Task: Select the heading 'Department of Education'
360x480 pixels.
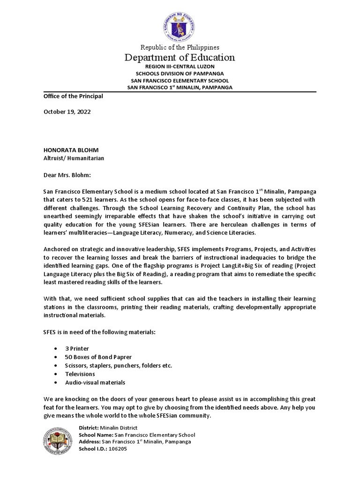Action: (x=180, y=58)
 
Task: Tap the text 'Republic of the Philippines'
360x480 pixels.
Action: (x=180, y=47)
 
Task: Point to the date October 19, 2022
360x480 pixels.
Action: (x=67, y=112)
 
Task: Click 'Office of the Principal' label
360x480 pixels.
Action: (x=73, y=96)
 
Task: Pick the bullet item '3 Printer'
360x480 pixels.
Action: (x=78, y=349)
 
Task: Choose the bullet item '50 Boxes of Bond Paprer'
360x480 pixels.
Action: (x=98, y=357)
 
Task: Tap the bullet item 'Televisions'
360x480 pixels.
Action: (x=80, y=374)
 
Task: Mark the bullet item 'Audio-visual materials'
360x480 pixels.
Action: (x=95, y=382)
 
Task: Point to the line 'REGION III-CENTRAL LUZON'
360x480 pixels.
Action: (x=180, y=67)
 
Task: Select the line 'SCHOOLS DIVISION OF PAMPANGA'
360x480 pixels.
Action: (x=180, y=74)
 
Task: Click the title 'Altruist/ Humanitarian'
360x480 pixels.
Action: (x=74, y=158)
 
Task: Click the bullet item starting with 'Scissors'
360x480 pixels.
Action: (x=119, y=366)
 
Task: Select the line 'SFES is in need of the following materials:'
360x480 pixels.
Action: (x=99, y=332)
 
